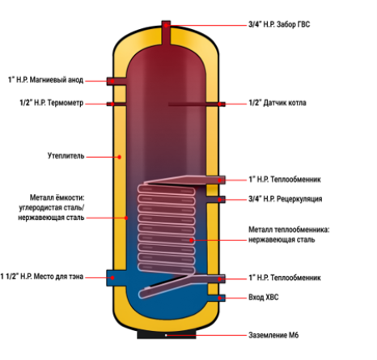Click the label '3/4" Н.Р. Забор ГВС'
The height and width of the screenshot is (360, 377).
pos(279,24)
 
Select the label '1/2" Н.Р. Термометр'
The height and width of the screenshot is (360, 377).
pos(52,103)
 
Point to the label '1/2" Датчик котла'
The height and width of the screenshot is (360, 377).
pos(277,103)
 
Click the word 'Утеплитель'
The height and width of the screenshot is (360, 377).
pos(66,156)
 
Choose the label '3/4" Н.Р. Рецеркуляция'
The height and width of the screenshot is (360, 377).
pos(285,199)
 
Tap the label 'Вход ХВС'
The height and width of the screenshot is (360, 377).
pos(264,297)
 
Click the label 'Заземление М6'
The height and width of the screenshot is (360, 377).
pos(273,335)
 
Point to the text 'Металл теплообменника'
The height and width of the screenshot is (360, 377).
pos(289,230)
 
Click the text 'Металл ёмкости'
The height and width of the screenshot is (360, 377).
pos(57,197)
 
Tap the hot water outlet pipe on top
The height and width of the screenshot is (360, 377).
pos(166,32)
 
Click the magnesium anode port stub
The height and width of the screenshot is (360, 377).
pos(116,81)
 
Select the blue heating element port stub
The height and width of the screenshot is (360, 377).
pos(116,277)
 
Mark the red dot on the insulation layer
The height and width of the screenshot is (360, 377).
pos(119,157)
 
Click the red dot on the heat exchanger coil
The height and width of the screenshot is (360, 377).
pos(191,240)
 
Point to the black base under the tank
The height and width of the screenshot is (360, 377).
pos(167,334)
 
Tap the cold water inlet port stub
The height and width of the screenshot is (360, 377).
pos(216,298)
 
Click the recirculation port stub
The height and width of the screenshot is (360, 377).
pos(216,200)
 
